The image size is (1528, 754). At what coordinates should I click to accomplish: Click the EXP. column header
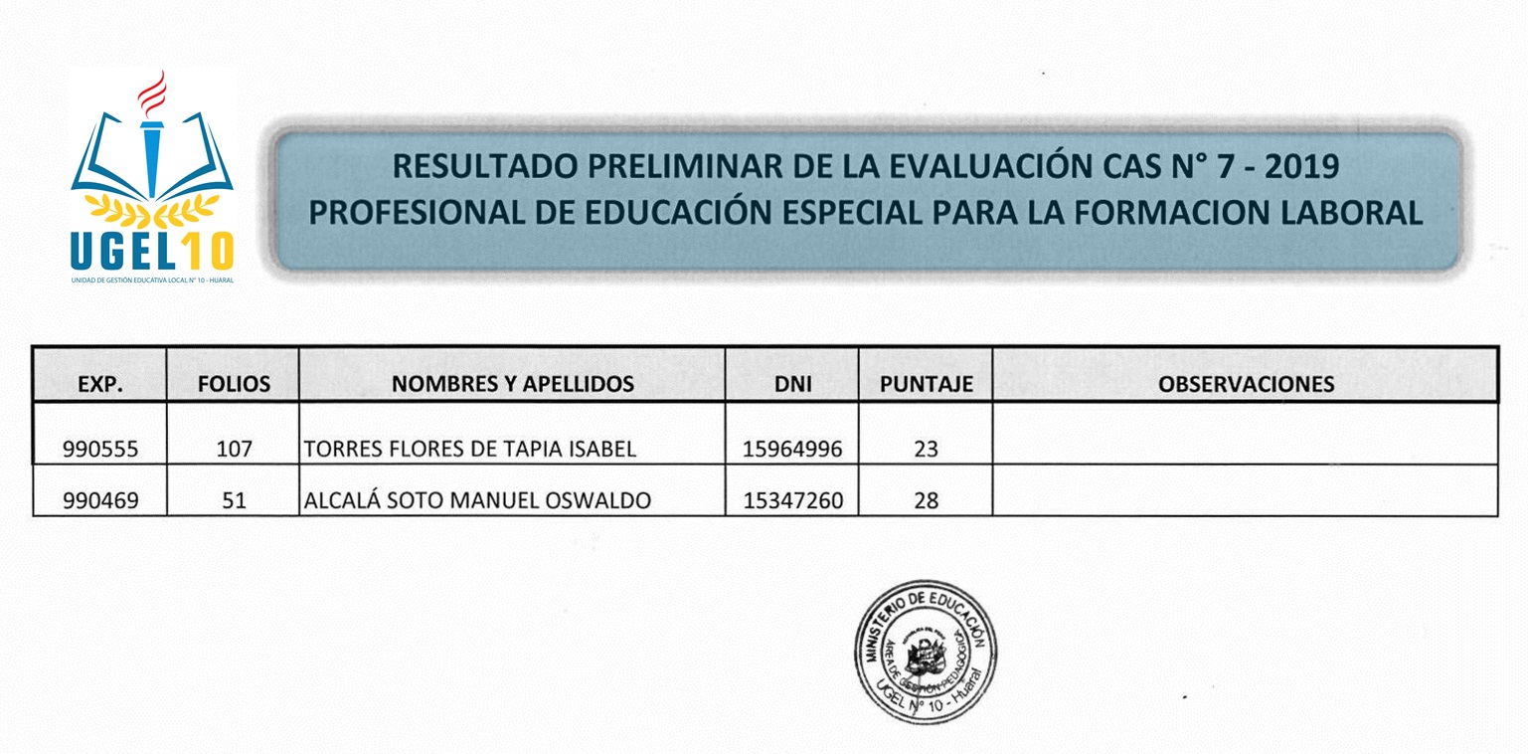click(x=99, y=385)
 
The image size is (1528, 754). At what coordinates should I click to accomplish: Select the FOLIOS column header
click(x=234, y=385)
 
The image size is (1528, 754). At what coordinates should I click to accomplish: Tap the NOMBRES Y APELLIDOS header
click(x=512, y=384)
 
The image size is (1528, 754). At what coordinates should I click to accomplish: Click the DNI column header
click(x=792, y=385)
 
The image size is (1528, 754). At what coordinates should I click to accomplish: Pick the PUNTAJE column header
click(x=926, y=385)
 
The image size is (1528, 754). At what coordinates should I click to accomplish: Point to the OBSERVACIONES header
click(x=1246, y=385)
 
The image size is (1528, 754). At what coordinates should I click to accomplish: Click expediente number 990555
click(x=99, y=450)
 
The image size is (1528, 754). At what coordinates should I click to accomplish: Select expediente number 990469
click(x=99, y=501)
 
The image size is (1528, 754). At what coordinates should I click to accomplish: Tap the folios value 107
click(x=234, y=450)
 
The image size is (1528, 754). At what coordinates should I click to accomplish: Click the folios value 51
click(x=234, y=501)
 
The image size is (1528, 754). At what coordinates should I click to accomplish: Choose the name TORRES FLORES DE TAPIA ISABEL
click(x=469, y=450)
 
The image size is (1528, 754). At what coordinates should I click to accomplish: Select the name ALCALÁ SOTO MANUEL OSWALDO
click(x=477, y=501)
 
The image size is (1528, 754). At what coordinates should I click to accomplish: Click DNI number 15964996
click(x=792, y=450)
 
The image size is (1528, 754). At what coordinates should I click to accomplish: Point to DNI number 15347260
click(x=792, y=501)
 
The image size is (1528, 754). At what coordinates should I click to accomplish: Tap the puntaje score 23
click(x=926, y=450)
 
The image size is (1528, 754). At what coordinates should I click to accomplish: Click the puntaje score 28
click(x=926, y=501)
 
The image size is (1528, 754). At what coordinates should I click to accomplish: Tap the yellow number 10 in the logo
click(x=207, y=250)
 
